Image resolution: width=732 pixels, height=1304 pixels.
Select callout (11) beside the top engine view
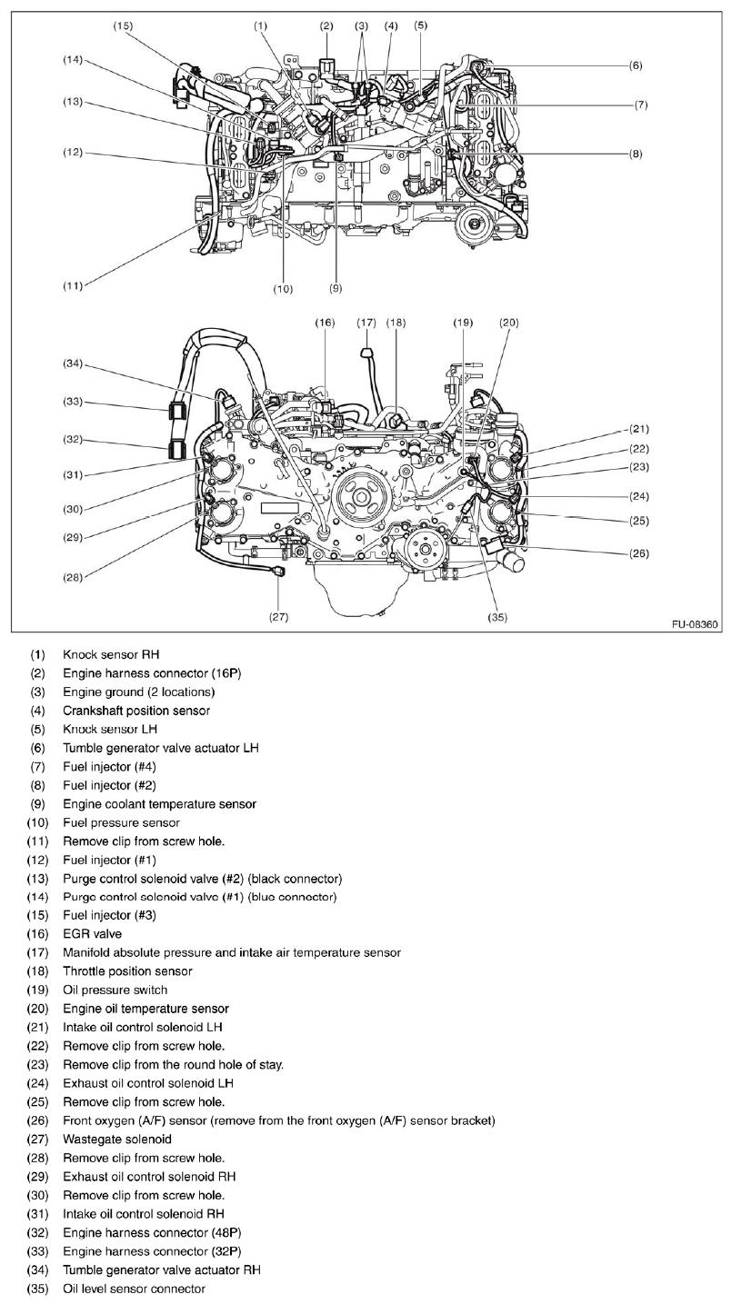(73, 285)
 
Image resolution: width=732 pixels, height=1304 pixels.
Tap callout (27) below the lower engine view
(278, 617)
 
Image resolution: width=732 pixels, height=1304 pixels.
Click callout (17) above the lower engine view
(366, 323)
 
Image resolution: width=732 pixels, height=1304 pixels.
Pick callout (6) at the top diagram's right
(636, 65)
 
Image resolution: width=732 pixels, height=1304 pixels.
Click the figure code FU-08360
(694, 624)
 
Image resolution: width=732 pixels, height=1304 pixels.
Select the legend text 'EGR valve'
(92, 933)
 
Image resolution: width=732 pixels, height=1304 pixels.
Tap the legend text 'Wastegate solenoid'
(116, 1139)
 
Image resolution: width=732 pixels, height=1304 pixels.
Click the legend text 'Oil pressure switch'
(115, 990)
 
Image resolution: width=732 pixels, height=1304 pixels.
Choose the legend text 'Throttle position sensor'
(127, 971)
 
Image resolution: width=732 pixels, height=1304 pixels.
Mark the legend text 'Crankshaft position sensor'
(136, 710)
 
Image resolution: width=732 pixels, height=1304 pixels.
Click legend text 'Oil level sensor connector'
(134, 1289)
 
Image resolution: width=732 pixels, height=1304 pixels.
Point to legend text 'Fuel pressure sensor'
(121, 822)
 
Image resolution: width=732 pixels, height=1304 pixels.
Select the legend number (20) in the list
(37, 1009)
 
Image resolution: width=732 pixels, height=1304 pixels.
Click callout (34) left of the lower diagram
(73, 364)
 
